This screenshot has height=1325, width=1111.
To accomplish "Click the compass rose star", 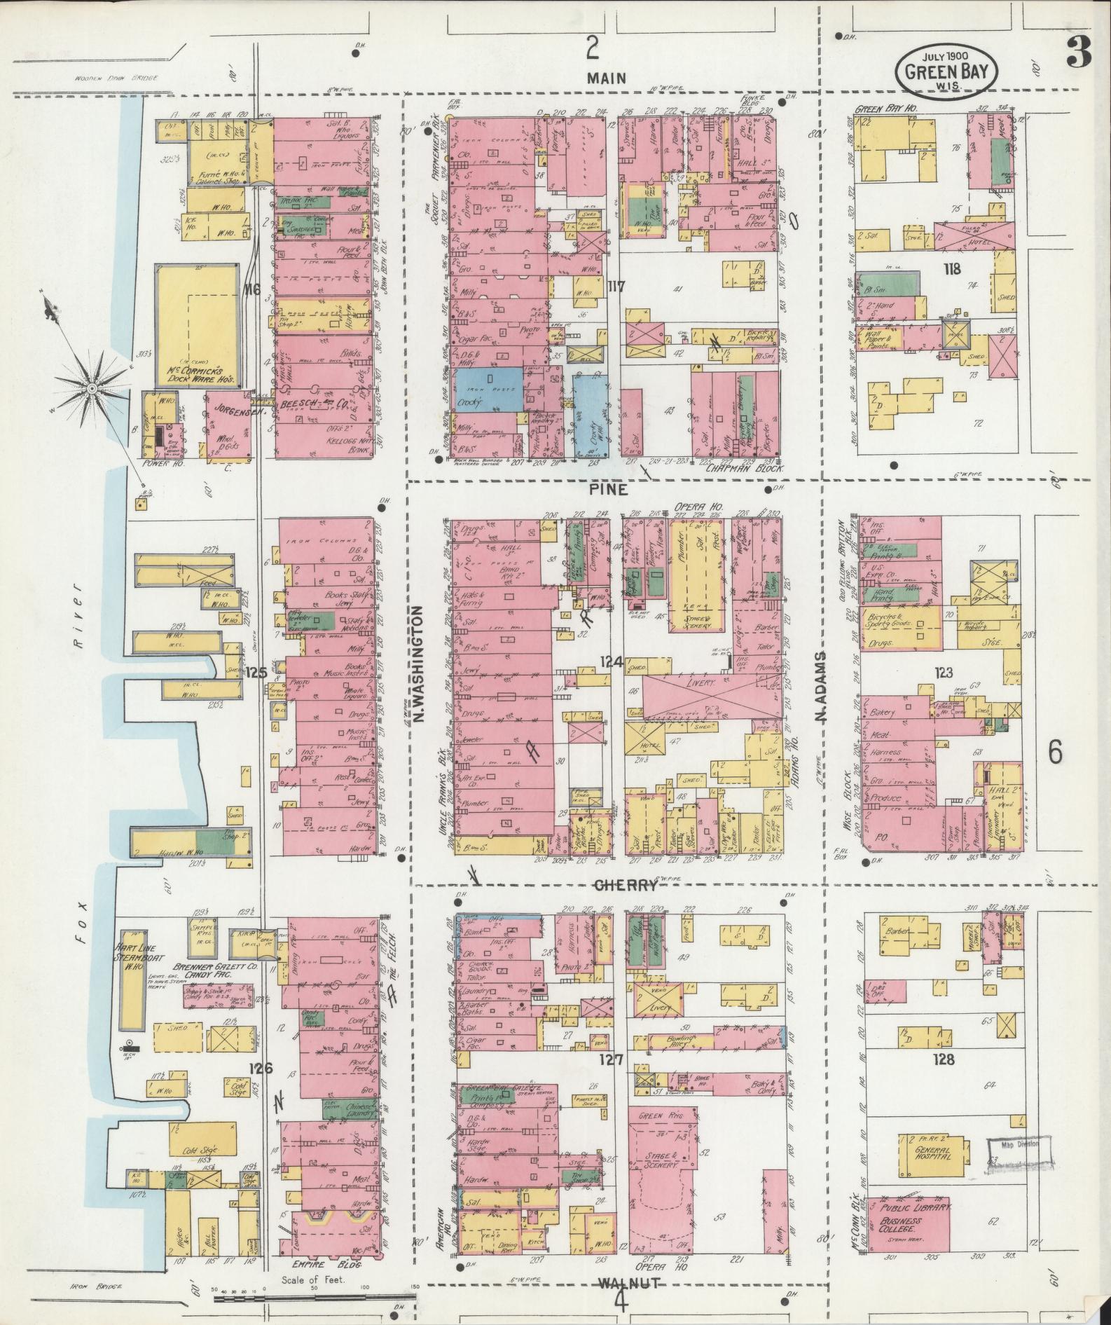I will pos(92,387).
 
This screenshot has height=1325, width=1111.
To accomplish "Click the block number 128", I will pos(944,1059).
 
